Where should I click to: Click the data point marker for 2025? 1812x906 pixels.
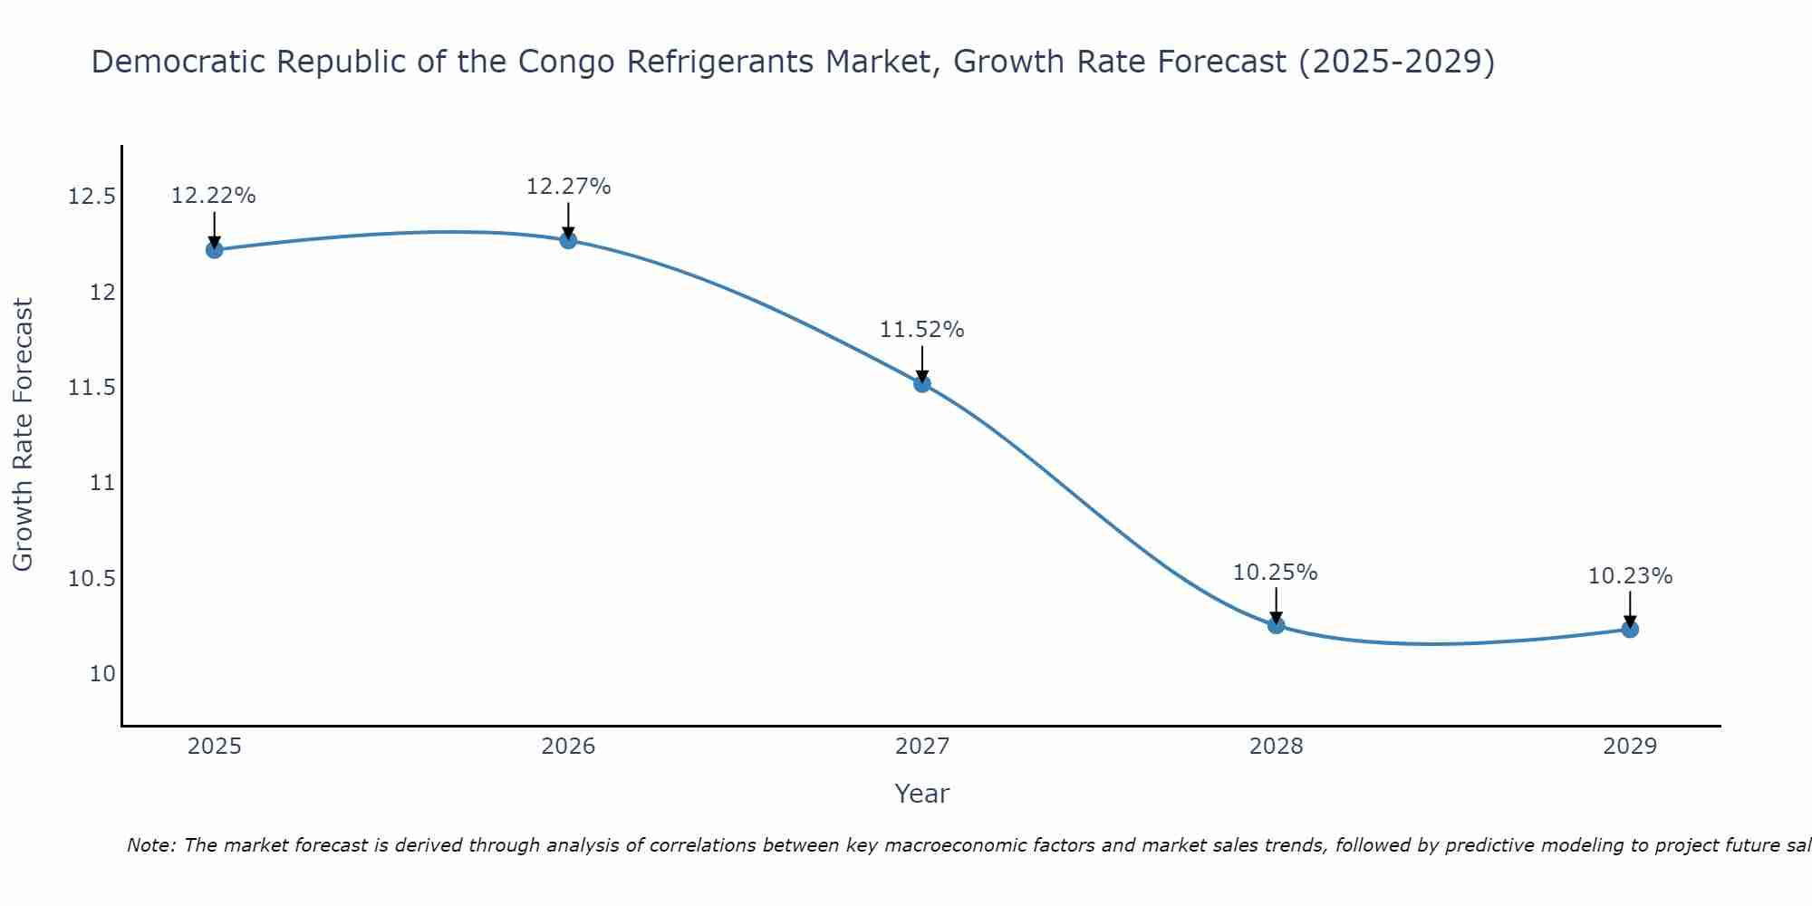coord(215,250)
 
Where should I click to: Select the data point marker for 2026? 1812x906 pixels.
coord(568,240)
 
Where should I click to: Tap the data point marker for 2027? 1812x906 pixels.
coord(922,383)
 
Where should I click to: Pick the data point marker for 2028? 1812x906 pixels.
coord(1276,625)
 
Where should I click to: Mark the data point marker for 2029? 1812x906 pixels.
coord(1630,629)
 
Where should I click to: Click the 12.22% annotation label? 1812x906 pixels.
coord(214,196)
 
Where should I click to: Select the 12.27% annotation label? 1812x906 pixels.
coord(568,187)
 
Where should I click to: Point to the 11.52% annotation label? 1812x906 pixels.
coord(922,330)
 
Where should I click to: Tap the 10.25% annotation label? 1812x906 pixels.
coord(1276,573)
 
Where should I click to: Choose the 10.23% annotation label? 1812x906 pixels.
coord(1630,576)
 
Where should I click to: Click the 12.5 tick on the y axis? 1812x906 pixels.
coord(92,197)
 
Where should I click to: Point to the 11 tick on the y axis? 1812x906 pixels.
coord(103,483)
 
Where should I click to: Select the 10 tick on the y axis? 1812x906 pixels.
coord(103,674)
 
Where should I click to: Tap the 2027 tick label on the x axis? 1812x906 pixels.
coord(922,747)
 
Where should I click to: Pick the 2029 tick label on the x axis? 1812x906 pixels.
coord(1630,747)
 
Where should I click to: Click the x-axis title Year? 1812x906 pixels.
coord(922,794)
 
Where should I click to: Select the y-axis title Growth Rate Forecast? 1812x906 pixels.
coord(23,435)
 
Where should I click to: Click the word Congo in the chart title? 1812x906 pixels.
coord(569,62)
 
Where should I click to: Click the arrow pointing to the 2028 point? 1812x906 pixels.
coord(1276,605)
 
